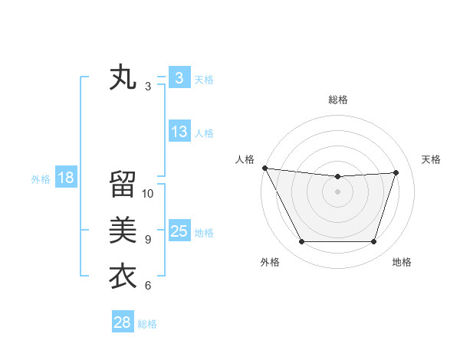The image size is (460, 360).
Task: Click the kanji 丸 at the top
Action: point(123,78)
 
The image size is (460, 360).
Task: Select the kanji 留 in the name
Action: point(123,184)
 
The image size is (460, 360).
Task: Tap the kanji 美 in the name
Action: point(123,230)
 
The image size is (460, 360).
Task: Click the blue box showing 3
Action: point(179,78)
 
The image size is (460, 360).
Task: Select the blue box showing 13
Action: point(179,132)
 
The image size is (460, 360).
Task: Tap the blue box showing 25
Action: point(179,231)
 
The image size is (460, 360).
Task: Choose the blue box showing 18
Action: point(66,178)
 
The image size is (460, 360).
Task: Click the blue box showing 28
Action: point(123,322)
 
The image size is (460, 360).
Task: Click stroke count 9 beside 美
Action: point(148,240)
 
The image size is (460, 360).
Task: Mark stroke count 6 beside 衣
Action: point(148,286)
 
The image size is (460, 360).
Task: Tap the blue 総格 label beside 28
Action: point(147,324)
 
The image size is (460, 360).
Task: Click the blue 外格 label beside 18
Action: point(41,179)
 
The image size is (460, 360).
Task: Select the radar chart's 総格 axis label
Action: point(338,100)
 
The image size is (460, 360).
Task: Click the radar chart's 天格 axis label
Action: point(432,159)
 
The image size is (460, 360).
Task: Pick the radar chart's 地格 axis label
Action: point(402,262)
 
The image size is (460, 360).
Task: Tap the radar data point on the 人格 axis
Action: point(264,168)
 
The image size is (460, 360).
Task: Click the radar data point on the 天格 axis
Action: point(396,172)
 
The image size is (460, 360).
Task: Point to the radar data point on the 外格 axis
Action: point(301,242)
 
